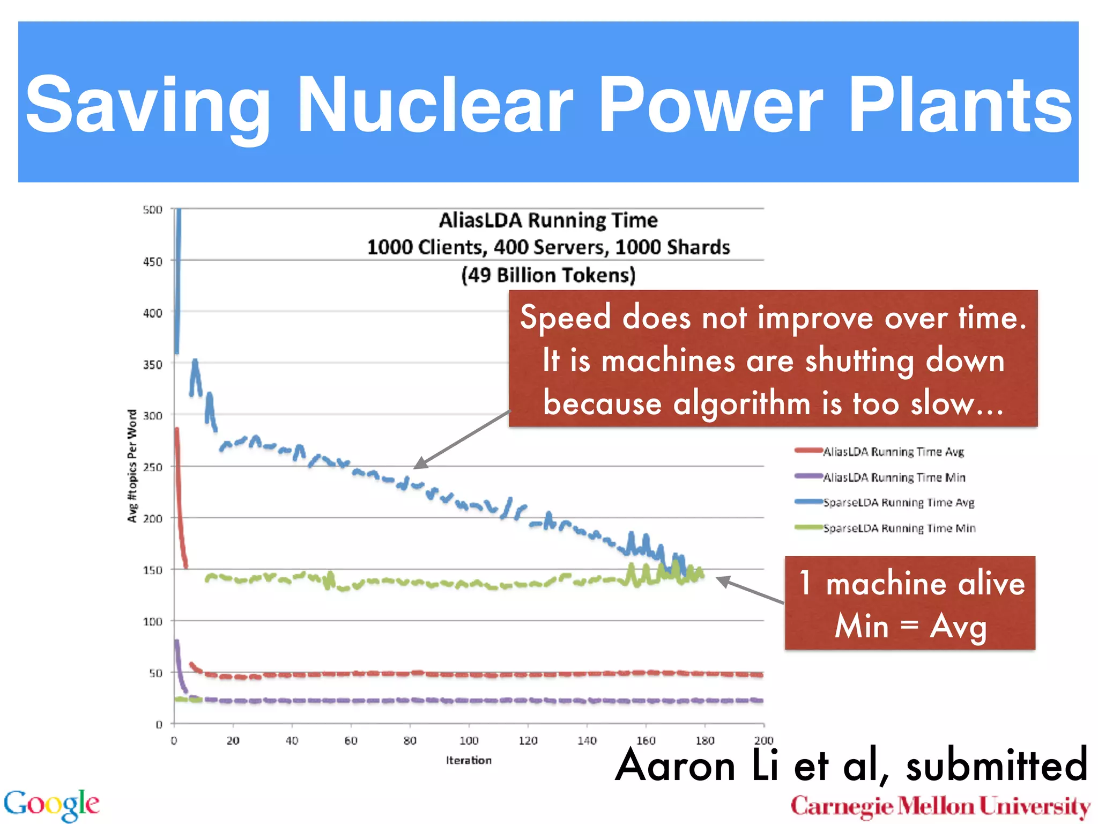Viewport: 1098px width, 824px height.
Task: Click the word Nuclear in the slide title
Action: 434,105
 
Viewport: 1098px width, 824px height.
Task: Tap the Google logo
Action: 51,804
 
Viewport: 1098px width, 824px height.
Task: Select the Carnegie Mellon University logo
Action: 940,806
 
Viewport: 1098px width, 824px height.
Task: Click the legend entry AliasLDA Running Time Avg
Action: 893,452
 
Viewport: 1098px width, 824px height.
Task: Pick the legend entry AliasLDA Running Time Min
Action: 894,477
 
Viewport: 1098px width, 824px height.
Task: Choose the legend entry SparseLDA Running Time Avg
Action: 898,503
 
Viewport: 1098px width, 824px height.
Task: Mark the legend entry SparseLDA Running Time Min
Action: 899,528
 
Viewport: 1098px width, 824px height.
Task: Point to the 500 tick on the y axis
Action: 152,210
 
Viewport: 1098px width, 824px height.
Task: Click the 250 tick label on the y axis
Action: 152,467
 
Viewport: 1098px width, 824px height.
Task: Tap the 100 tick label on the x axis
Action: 469,741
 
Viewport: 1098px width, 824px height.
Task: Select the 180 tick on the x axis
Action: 705,741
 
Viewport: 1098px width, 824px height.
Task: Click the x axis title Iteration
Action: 469,760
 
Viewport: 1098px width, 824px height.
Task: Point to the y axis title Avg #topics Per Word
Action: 132,466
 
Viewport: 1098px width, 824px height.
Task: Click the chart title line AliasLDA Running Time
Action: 548,220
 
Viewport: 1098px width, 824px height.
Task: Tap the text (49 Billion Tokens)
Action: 548,275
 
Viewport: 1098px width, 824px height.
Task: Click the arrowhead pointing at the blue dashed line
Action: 420,464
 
